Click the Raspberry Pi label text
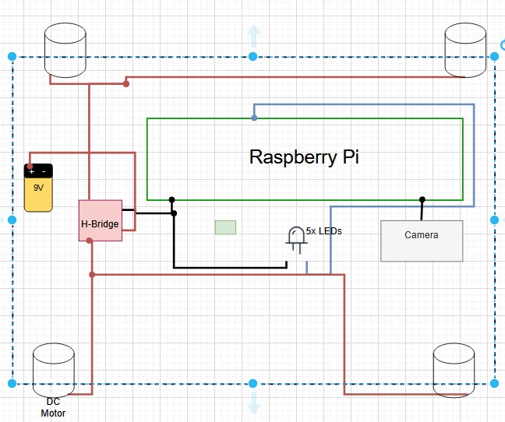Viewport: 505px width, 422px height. pyautogui.click(x=304, y=156)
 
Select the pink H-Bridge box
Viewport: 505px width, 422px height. pyautogui.click(x=101, y=220)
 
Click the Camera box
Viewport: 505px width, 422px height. pyautogui.click(x=422, y=241)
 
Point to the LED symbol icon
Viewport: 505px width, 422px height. pyautogui.click(x=296, y=238)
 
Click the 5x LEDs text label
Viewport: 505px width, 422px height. pyautogui.click(x=324, y=231)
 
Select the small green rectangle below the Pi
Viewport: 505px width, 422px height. pyautogui.click(x=225, y=227)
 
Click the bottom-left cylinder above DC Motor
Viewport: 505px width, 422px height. pyautogui.click(x=54, y=370)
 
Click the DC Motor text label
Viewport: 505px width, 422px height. pyautogui.click(x=53, y=407)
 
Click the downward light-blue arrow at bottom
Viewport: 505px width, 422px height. pyautogui.click(x=253, y=402)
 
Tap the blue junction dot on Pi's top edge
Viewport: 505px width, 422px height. pyautogui.click(x=254, y=118)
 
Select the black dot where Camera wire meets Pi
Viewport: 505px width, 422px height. pyautogui.click(x=422, y=199)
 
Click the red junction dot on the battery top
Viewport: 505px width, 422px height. pyautogui.click(x=30, y=167)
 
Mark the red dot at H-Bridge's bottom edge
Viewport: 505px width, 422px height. pyautogui.click(x=90, y=241)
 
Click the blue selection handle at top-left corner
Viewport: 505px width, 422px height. pyautogui.click(x=12, y=56)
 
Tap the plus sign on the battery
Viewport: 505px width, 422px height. pyautogui.click(x=32, y=171)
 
